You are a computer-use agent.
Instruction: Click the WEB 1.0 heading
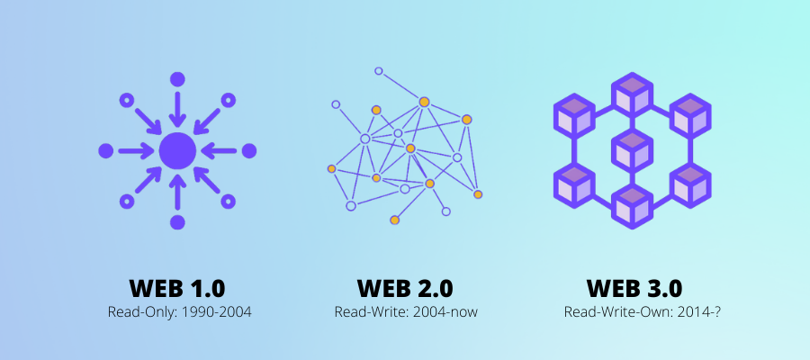177,288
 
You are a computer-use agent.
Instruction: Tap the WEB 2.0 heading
405,288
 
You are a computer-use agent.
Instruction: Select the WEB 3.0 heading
634,288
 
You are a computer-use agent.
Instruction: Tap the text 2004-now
445,312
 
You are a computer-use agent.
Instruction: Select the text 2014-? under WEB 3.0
684,312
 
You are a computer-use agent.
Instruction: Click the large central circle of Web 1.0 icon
177,150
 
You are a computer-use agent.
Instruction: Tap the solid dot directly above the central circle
177,79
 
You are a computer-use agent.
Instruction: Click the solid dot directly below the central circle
177,221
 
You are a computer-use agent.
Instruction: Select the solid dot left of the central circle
106,150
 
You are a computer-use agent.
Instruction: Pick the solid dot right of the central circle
249,150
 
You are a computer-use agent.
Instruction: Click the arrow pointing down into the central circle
177,111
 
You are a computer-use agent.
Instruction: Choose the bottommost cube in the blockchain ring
633,203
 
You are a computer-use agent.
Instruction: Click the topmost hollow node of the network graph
379,71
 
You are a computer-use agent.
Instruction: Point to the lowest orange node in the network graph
394,220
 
